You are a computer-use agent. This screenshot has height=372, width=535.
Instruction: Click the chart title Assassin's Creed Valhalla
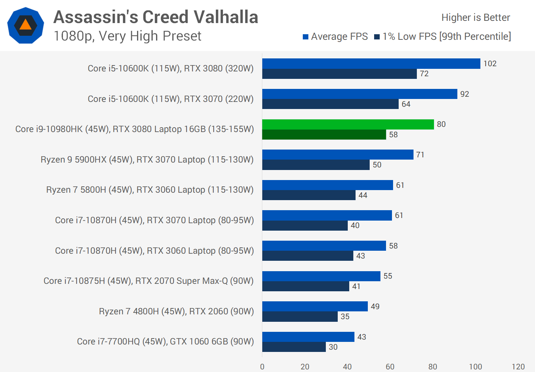click(x=156, y=17)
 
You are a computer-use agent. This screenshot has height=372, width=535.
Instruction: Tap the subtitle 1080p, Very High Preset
click(x=127, y=36)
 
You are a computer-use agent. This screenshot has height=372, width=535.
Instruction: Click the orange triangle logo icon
click(x=25, y=25)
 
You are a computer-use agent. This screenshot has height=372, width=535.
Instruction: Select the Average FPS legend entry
click(x=335, y=36)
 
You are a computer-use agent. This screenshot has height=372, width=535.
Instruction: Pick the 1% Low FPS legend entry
click(x=442, y=36)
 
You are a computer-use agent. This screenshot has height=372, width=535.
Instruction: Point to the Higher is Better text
click(x=476, y=17)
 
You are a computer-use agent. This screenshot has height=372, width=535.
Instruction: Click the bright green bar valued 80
click(x=348, y=124)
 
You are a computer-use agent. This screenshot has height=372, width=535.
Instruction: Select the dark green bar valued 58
click(x=324, y=135)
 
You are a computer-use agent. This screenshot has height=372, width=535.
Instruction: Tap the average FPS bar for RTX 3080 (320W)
click(x=371, y=64)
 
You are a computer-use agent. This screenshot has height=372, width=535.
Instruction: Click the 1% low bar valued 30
click(x=294, y=347)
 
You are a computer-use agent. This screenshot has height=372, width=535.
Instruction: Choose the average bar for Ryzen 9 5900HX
click(x=338, y=155)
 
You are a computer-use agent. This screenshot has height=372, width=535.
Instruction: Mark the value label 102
click(x=490, y=64)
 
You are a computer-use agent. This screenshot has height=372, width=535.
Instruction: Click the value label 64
click(x=406, y=104)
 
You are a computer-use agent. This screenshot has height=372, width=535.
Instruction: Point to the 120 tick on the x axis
click(x=518, y=367)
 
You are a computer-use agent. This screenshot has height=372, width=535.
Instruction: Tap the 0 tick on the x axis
click(x=262, y=367)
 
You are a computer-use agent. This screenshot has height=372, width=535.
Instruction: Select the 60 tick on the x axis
click(x=390, y=367)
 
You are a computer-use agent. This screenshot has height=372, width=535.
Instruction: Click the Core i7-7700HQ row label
click(x=165, y=341)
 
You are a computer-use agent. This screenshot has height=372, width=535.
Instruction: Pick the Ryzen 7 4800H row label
click(x=176, y=311)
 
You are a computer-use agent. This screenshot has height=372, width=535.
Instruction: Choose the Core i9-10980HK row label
click(x=134, y=129)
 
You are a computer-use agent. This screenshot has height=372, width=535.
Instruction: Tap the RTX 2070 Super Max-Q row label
click(x=148, y=281)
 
